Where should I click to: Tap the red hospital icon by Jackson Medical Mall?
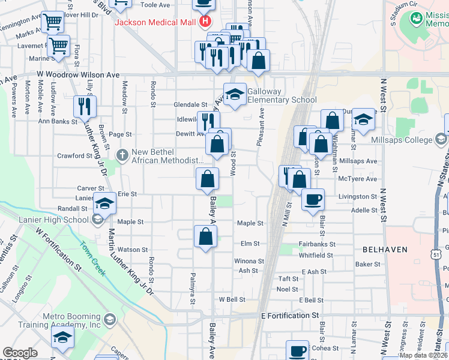(205, 23)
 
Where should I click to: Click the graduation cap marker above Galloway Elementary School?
(235, 94)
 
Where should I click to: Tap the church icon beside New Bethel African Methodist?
(122, 155)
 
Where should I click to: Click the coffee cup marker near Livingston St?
(312, 200)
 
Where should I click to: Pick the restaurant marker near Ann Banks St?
(85, 107)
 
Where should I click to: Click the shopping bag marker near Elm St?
(205, 236)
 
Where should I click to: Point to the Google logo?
(20, 353)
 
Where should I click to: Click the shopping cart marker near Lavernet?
(59, 46)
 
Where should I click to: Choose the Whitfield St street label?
(316, 255)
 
